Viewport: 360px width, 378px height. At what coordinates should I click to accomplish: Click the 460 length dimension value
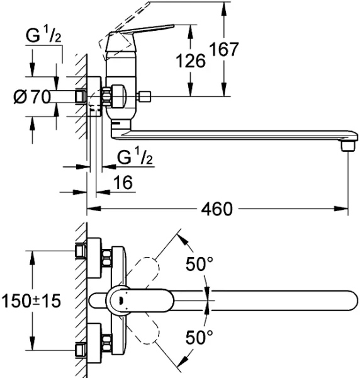point(217,208)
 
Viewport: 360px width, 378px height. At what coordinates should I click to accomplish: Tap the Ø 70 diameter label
point(32,97)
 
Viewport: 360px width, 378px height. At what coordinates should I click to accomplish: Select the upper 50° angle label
point(199,264)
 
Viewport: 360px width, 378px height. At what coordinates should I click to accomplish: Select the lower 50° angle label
point(199,337)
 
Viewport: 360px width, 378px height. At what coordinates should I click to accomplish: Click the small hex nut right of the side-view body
point(145,96)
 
